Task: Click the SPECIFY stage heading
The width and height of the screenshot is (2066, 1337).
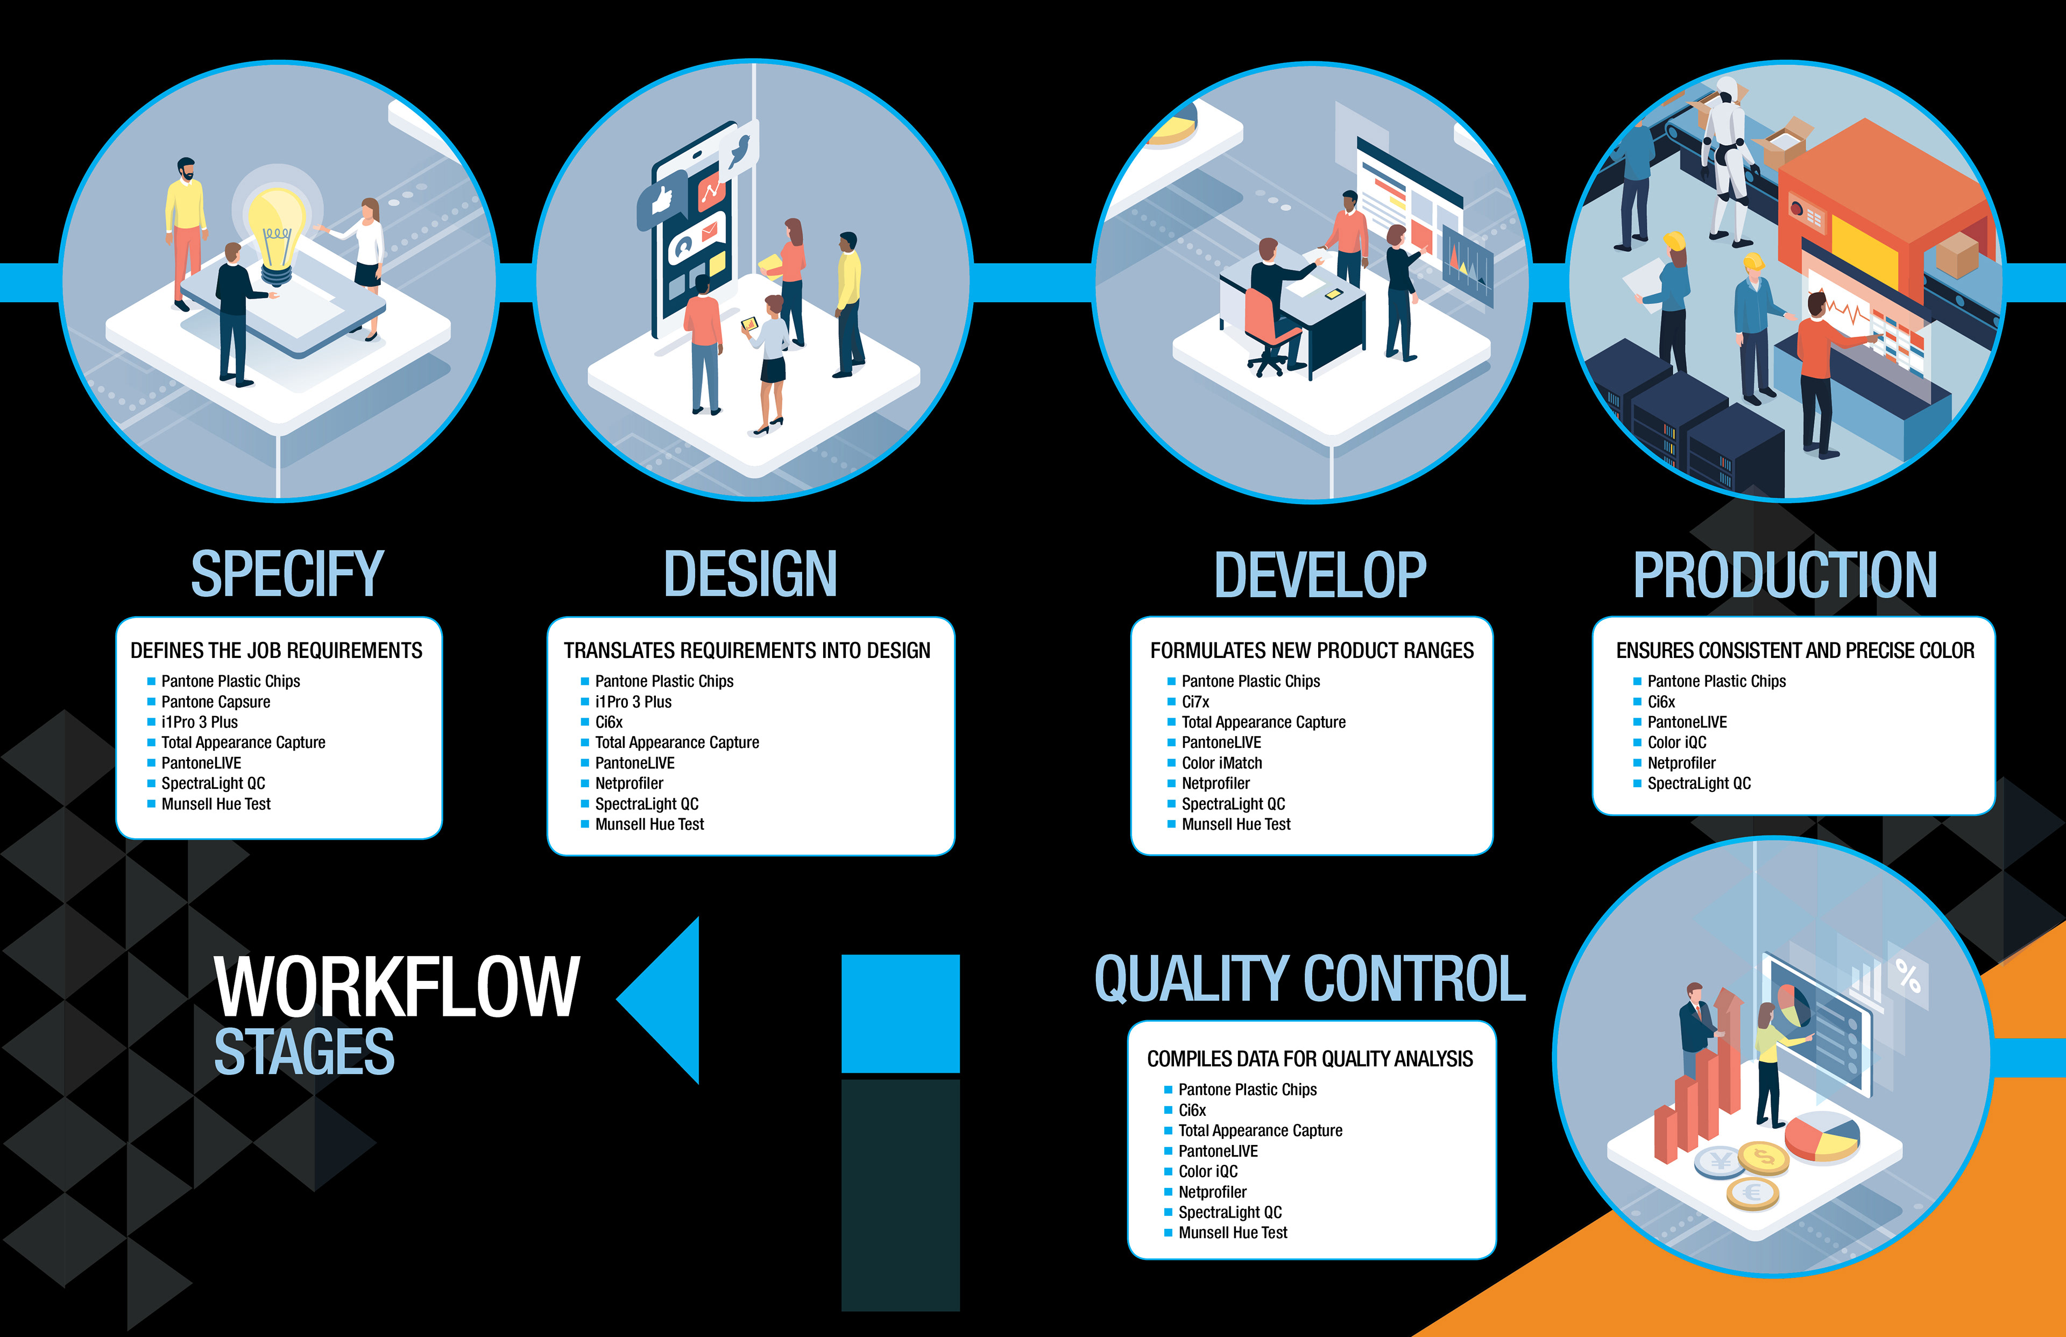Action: [x=286, y=574]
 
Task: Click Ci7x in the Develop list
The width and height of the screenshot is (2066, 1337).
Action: [x=1195, y=702]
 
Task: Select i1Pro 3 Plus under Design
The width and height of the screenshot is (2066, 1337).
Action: [x=633, y=702]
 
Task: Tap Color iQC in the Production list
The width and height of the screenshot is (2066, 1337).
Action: [x=1676, y=742]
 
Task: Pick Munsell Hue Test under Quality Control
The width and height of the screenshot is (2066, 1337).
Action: [x=1233, y=1233]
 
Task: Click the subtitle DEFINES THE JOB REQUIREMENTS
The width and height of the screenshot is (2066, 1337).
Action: [x=276, y=650]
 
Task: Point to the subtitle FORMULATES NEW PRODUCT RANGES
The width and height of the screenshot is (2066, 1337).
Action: [x=1312, y=650]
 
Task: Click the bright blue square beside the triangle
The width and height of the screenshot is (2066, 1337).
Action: [x=900, y=1013]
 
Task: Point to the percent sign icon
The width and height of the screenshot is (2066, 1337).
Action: [x=1907, y=976]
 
